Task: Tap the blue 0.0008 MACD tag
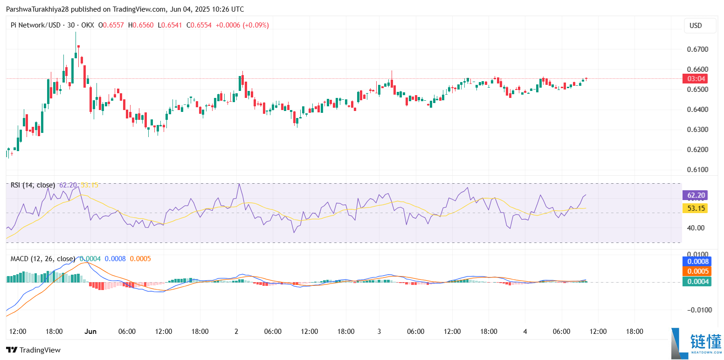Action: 696,262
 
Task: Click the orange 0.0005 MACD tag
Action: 696,271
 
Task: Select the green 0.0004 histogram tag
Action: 696,281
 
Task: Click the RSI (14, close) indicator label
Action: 33,185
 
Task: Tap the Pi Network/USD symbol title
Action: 35,25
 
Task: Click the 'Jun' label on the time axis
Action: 90,332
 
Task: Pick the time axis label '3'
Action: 379,332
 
